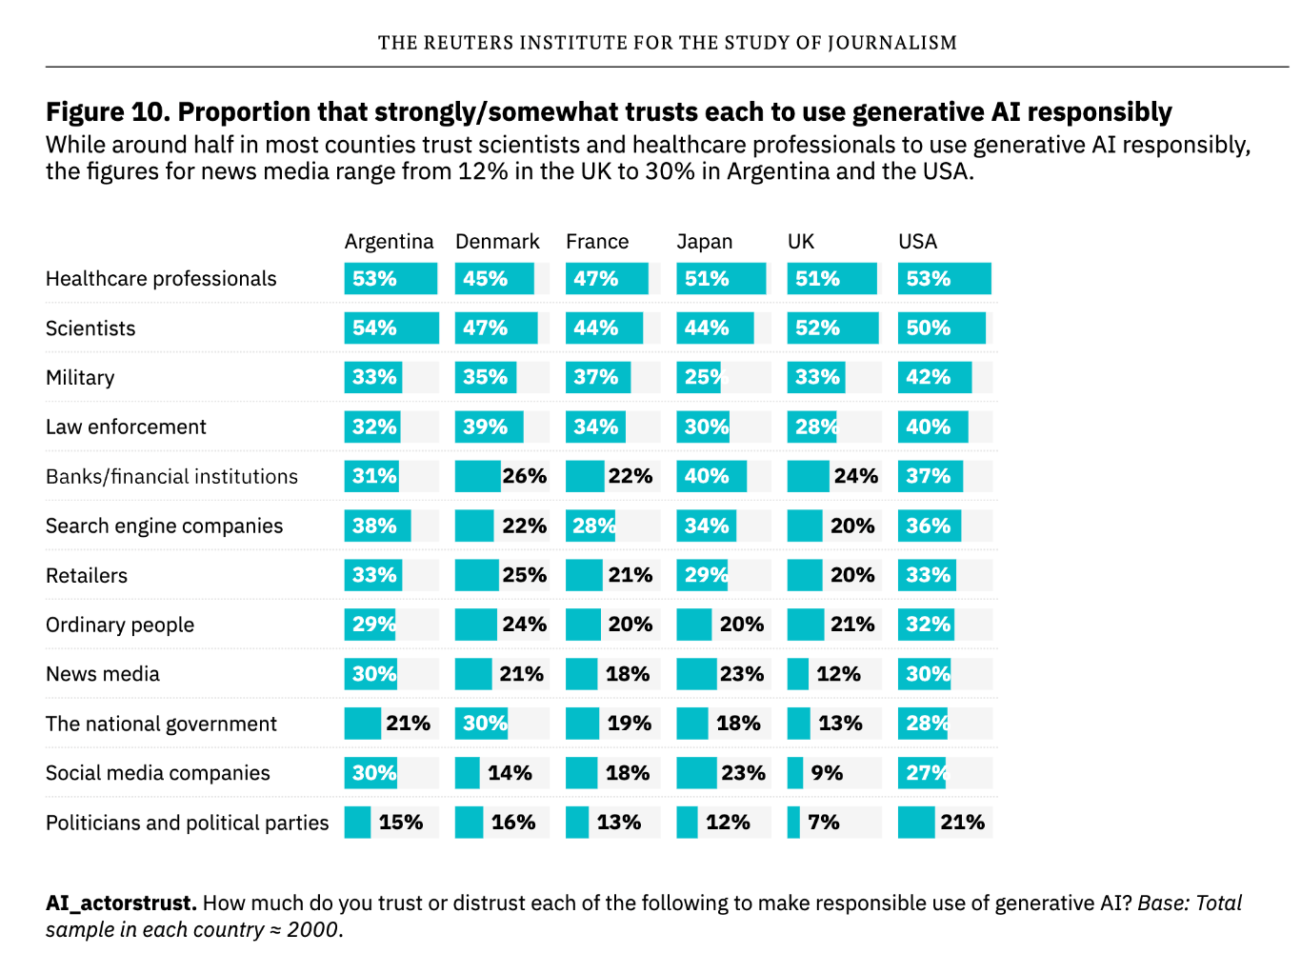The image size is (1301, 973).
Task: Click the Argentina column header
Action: tap(389, 242)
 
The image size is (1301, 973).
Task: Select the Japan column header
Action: tap(704, 242)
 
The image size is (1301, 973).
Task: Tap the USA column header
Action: tap(917, 242)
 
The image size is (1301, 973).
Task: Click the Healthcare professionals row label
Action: tap(161, 279)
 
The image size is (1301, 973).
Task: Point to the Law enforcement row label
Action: tap(126, 427)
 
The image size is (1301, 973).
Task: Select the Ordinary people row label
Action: tap(120, 625)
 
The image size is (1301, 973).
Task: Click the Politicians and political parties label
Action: tap(187, 824)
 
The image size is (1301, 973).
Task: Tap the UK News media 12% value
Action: tap(838, 674)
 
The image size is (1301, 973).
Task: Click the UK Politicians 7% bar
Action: tap(793, 823)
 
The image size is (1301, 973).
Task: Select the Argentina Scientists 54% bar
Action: tap(390, 328)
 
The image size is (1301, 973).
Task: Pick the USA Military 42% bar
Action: tap(934, 378)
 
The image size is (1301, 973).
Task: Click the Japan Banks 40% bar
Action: tap(711, 477)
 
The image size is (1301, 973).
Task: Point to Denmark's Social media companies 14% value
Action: tap(510, 773)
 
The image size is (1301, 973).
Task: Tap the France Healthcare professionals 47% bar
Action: tap(606, 279)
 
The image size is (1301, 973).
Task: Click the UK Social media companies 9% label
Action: tap(827, 773)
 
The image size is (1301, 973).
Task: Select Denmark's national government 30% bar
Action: tap(481, 724)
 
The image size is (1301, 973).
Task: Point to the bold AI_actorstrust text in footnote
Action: tap(121, 903)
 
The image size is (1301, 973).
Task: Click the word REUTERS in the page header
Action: tap(468, 43)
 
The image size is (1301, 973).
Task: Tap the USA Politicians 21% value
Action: tap(962, 823)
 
